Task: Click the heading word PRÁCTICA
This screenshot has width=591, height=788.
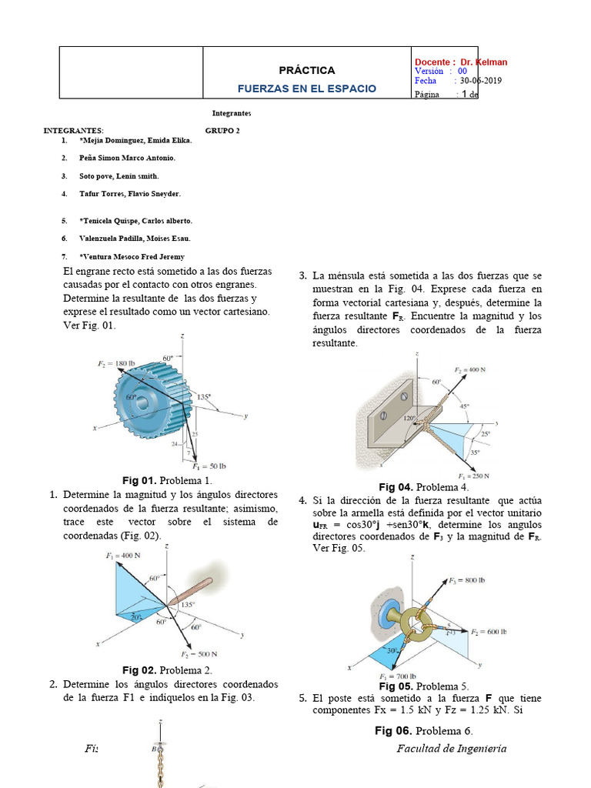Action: pyautogui.click(x=306, y=70)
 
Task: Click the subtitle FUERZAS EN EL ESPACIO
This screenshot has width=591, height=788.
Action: pyautogui.click(x=306, y=88)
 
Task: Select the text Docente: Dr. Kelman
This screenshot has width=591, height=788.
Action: pyautogui.click(x=461, y=62)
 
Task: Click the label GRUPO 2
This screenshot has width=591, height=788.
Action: pyautogui.click(x=222, y=131)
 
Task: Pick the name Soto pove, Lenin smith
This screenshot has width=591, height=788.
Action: pyautogui.click(x=119, y=176)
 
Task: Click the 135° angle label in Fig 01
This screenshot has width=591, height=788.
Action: pyautogui.click(x=204, y=397)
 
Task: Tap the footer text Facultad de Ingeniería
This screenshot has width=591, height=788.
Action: pyautogui.click(x=452, y=749)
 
